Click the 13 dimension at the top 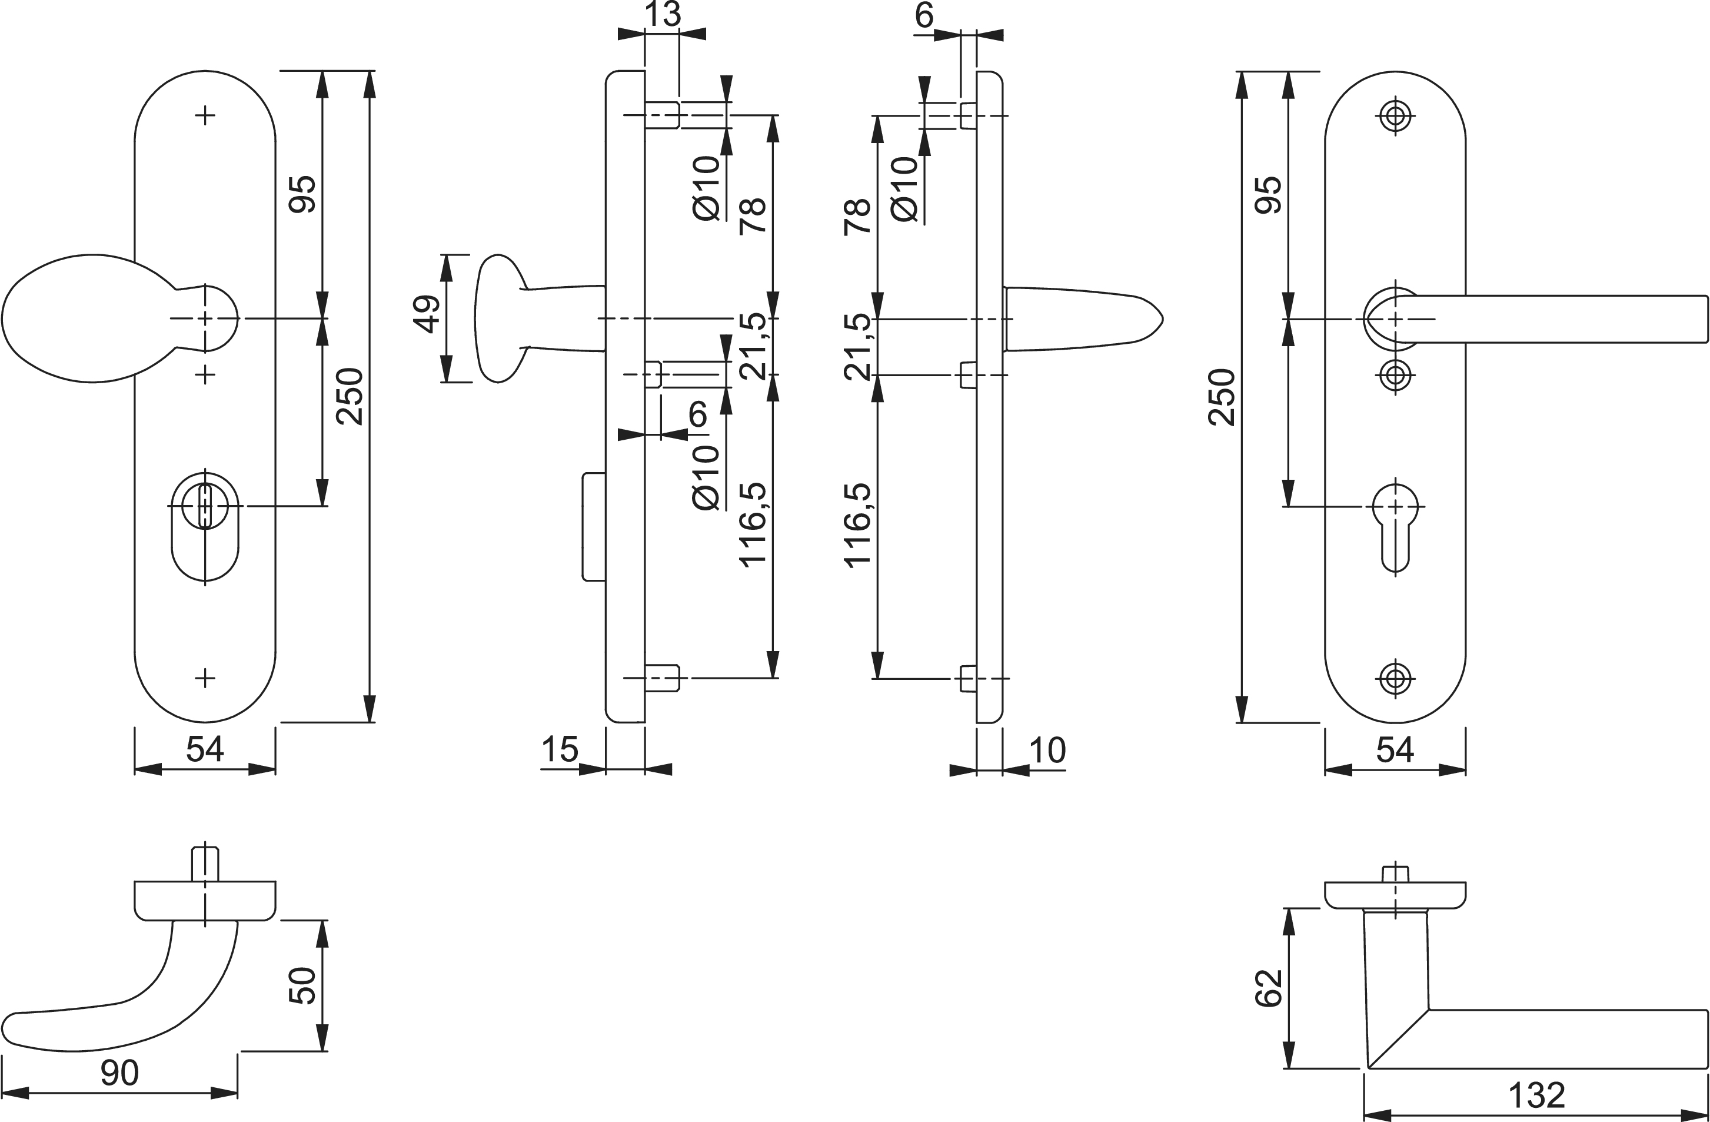pyautogui.click(x=662, y=14)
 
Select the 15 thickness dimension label pyautogui.click(x=560, y=750)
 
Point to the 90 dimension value pyautogui.click(x=119, y=1073)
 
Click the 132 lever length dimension pyautogui.click(x=1536, y=1096)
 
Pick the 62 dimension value pyautogui.click(x=1269, y=988)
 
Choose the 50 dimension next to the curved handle pyautogui.click(x=302, y=985)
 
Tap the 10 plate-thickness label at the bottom pyautogui.click(x=1047, y=751)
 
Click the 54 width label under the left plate pyautogui.click(x=205, y=750)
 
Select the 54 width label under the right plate pyautogui.click(x=1395, y=750)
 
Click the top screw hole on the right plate pyautogui.click(x=1395, y=115)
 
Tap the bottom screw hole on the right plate pyautogui.click(x=1395, y=678)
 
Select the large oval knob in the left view pyautogui.click(x=87, y=318)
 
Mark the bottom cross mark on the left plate pyautogui.click(x=205, y=678)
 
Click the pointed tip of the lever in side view pyautogui.click(x=1160, y=319)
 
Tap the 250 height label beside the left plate pyautogui.click(x=351, y=396)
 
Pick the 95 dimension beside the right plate pyautogui.click(x=1268, y=194)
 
